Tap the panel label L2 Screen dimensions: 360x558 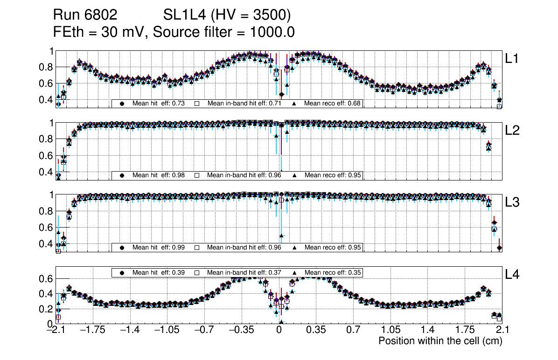click(513, 131)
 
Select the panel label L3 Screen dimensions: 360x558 click(513, 203)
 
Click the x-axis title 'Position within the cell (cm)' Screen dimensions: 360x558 click(440, 341)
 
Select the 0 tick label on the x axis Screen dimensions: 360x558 click(279, 330)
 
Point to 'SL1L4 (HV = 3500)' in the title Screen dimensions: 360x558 click(227, 15)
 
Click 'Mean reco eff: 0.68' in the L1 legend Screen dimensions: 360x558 click(333, 103)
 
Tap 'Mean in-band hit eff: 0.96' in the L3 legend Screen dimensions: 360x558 click(244, 247)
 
